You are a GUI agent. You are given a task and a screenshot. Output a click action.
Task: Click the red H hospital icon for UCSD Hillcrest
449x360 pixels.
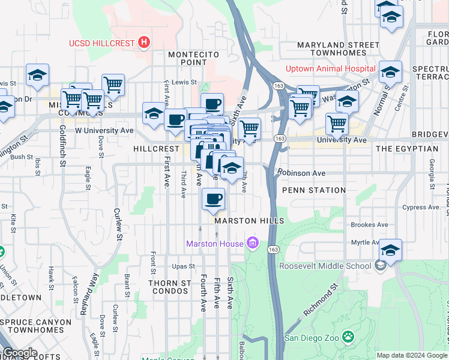[143, 43]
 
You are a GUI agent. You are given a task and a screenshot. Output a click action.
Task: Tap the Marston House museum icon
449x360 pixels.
[253, 244]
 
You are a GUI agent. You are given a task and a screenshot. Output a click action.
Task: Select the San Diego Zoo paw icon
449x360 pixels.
[348, 337]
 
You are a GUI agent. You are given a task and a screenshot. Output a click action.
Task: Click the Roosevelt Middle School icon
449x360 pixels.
[380, 266]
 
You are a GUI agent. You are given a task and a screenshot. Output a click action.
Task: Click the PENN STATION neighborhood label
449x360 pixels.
[314, 190]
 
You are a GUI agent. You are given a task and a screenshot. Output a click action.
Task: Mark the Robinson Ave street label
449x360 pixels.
[301, 173]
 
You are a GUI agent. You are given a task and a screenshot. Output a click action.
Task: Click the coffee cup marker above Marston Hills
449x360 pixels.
[212, 200]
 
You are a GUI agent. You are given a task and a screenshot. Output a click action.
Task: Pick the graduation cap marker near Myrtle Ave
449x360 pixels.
[390, 250]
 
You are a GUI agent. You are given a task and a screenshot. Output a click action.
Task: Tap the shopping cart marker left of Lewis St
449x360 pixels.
[113, 85]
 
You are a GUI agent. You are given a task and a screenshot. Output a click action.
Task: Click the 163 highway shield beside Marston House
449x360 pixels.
[274, 248]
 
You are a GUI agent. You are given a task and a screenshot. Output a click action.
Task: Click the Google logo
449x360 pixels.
[20, 353]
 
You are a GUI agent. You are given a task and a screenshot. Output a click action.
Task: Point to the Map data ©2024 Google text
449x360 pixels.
[411, 355]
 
